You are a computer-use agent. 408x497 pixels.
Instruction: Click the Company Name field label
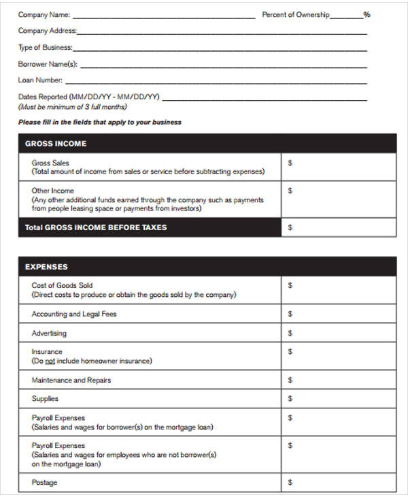tap(44, 14)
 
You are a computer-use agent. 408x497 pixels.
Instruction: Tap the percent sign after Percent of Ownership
tap(367, 14)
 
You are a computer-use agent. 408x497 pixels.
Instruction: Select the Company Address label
tap(47, 31)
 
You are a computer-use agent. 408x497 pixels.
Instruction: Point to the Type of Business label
tap(45, 48)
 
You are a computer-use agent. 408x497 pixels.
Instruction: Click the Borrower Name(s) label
tap(48, 65)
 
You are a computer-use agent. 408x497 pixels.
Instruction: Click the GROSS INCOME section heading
tap(56, 144)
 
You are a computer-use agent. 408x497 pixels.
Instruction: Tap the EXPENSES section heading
tap(46, 267)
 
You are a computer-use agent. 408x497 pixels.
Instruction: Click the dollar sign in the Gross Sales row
tap(290, 163)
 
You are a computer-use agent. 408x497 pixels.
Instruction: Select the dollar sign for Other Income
tap(290, 191)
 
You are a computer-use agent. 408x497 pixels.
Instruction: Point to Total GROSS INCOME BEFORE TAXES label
tap(96, 227)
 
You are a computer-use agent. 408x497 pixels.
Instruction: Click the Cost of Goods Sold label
tap(62, 285)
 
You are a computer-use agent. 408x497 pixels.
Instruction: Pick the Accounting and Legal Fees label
tap(74, 314)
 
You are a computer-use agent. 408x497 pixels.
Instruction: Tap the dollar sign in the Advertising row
tap(290, 333)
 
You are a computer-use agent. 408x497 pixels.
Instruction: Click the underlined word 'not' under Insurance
tap(50, 361)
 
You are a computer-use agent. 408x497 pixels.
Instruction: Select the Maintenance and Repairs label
tap(71, 380)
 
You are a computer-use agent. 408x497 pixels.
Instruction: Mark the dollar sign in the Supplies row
tap(290, 398)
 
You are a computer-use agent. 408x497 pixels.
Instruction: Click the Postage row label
tap(45, 483)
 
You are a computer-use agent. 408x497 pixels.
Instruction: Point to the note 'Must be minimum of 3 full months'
tap(73, 107)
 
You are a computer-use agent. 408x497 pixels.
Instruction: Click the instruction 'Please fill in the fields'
tap(100, 123)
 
